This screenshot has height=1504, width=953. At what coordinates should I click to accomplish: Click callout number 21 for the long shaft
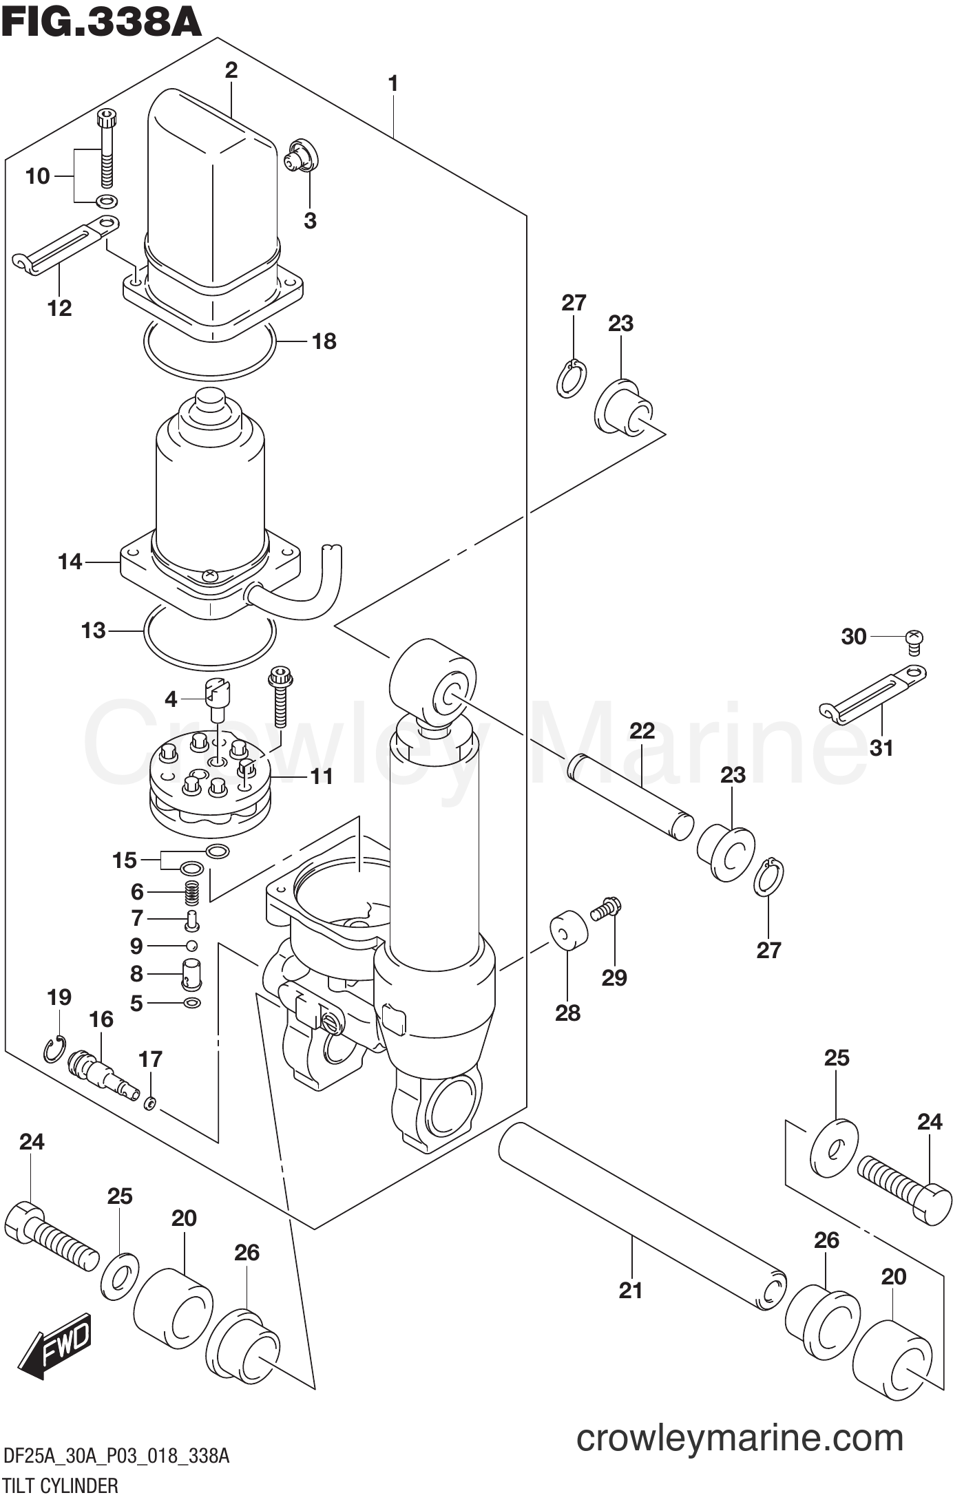[x=630, y=1289]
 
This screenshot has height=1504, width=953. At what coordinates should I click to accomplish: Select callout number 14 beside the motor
[x=70, y=562]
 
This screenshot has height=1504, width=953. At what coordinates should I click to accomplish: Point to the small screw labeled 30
[x=914, y=641]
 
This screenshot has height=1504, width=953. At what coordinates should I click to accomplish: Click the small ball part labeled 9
[x=192, y=945]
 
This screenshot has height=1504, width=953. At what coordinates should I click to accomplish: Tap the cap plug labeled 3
[x=301, y=156]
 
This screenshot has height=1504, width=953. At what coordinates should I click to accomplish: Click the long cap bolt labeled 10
[x=107, y=148]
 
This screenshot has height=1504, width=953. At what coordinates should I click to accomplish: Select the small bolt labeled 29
[x=606, y=909]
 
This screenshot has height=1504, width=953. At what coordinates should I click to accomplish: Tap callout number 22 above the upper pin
[x=642, y=730]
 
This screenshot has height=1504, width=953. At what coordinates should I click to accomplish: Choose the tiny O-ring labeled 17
[x=150, y=1103]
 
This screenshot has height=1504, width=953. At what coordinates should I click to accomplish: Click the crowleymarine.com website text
[x=740, y=1438]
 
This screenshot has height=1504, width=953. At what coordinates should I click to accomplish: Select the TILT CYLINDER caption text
[x=61, y=1485]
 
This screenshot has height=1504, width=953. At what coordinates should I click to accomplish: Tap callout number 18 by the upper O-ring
[x=324, y=341]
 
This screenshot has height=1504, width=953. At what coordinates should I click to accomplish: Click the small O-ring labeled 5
[x=193, y=1003]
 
